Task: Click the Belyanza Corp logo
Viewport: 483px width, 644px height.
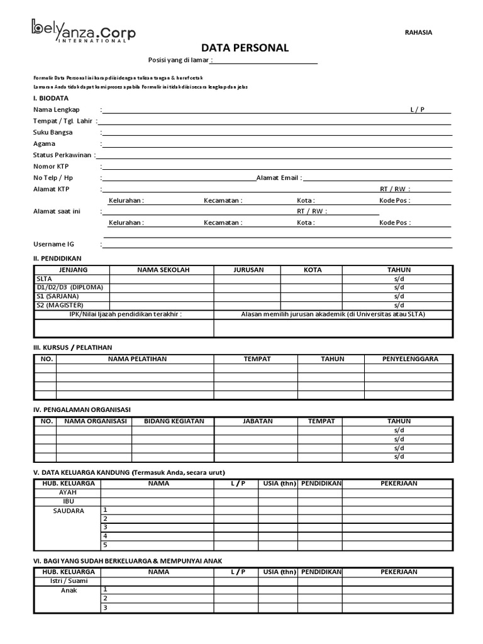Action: [83, 31]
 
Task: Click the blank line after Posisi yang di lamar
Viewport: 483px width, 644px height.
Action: [265, 60]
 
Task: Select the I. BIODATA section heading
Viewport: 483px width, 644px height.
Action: [51, 98]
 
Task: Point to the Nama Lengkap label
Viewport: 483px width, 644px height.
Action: [57, 109]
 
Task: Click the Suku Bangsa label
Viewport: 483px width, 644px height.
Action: [53, 132]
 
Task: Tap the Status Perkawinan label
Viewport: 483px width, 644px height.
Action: [62, 155]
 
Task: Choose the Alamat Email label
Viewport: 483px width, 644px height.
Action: [277, 178]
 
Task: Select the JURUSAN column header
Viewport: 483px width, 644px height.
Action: [247, 270]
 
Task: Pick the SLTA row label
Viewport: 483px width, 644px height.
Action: [45, 279]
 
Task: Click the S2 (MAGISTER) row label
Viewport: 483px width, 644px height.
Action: [60, 305]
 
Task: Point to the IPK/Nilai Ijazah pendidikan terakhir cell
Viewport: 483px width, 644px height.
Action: [125, 314]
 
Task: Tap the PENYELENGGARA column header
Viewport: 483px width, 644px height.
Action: [409, 359]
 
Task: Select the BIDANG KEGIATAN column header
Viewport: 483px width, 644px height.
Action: [174, 421]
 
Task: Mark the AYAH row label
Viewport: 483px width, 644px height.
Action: [67, 492]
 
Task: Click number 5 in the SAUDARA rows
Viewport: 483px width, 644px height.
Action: [106, 545]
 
